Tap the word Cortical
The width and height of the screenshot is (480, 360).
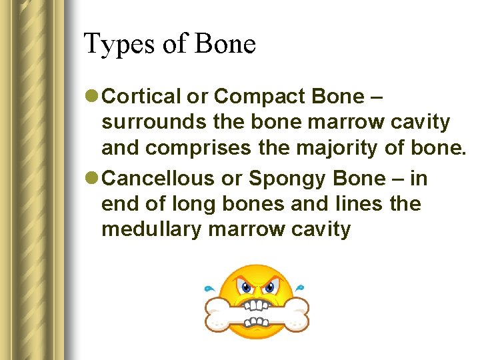[142, 97]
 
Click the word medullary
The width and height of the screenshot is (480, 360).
[151, 229]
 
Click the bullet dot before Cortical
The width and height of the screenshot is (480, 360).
[93, 97]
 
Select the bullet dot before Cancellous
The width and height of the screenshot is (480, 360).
[93, 179]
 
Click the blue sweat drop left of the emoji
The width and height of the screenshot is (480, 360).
[209, 289]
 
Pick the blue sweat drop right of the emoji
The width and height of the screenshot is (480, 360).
[301, 288]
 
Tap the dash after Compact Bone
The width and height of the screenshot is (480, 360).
[376, 97]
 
